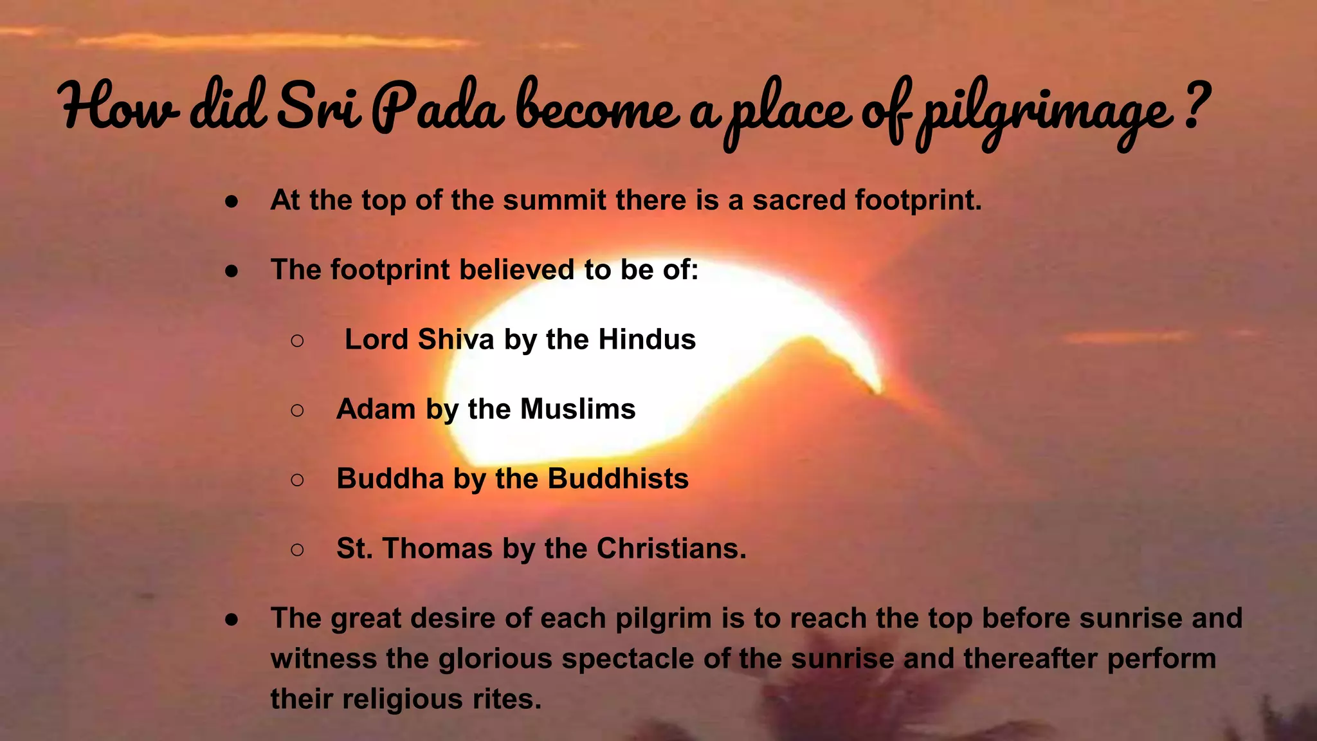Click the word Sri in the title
tap(319, 107)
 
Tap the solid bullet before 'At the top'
tap(232, 202)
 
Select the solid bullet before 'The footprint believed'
tap(232, 271)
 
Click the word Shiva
tap(456, 339)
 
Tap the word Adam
tap(376, 409)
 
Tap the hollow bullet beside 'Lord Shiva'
tap(297, 341)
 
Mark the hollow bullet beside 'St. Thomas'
tap(297, 550)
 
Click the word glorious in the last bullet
tap(495, 659)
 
